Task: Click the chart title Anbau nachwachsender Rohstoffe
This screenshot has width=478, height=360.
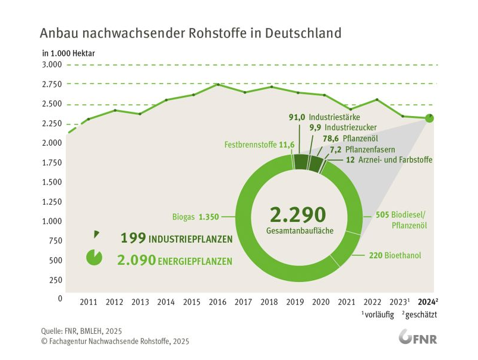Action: tap(190, 32)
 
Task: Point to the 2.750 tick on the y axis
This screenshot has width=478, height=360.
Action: tap(52, 84)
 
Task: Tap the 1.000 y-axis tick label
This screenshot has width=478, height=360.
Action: tap(52, 221)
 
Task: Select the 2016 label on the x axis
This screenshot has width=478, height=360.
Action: tap(218, 302)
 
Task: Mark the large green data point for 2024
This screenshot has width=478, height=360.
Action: tap(429, 118)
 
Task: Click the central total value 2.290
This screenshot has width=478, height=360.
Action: tap(298, 214)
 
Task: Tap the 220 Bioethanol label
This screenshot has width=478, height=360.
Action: tap(395, 255)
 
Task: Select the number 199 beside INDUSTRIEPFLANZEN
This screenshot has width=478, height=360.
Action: tap(133, 239)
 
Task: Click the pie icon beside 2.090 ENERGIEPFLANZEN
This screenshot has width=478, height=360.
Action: tap(94, 258)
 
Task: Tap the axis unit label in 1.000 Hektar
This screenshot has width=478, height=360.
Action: tap(68, 52)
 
